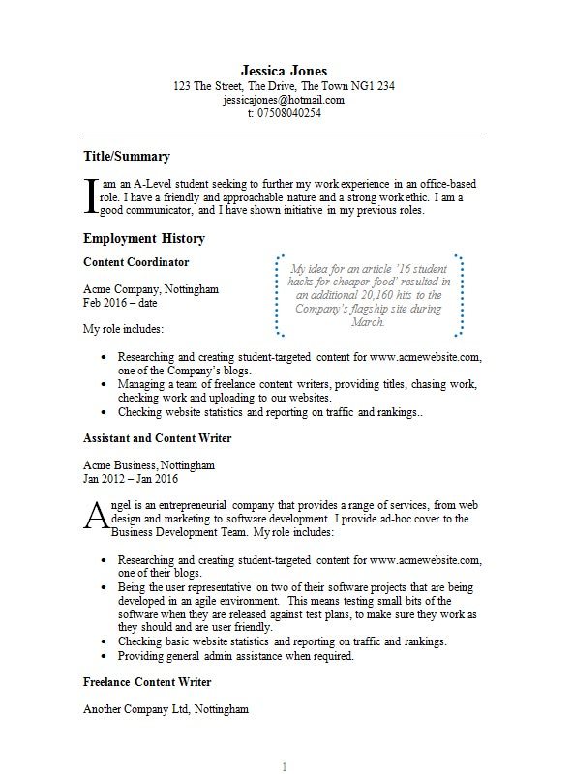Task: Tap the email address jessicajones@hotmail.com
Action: point(284,100)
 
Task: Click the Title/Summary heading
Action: point(127,156)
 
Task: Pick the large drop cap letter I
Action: point(92,194)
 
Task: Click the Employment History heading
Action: point(144,238)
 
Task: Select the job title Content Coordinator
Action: point(136,262)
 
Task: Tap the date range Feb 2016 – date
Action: point(121,303)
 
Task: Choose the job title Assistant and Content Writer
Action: point(158,438)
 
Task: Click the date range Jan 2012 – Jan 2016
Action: point(131,478)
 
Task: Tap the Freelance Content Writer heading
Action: point(147,682)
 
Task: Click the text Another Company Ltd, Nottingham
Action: point(166,709)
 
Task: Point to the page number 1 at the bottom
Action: point(285,766)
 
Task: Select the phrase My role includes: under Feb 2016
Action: point(123,330)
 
